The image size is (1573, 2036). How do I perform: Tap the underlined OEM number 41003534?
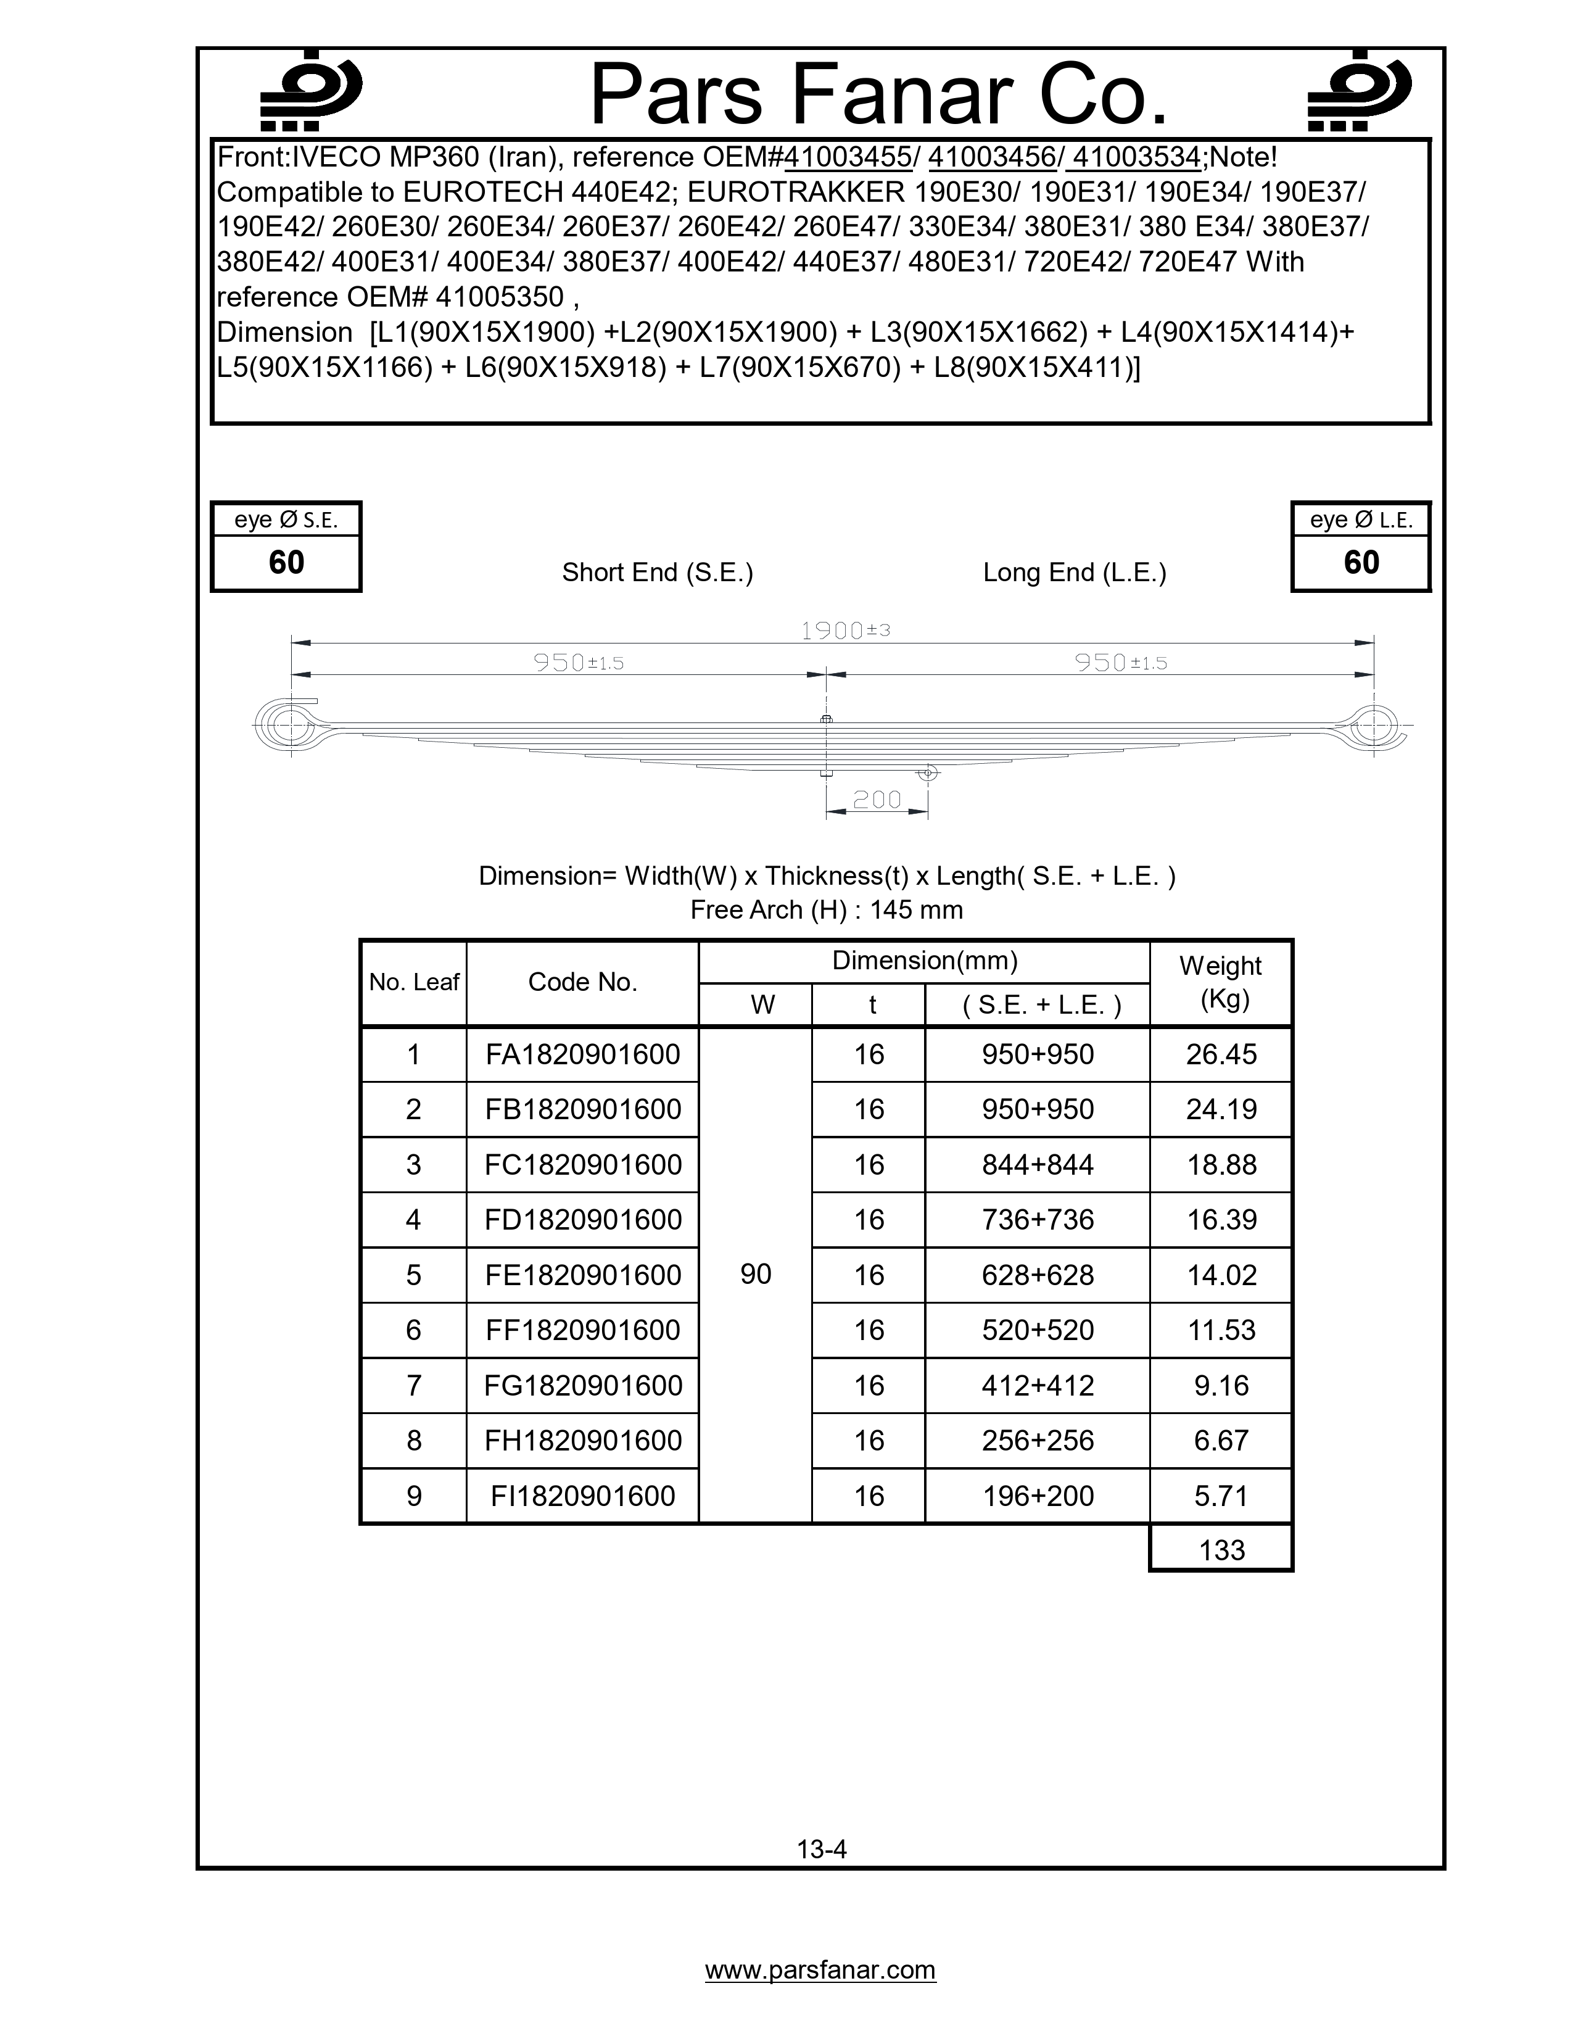click(x=1136, y=157)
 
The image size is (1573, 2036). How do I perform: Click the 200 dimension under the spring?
click(x=877, y=800)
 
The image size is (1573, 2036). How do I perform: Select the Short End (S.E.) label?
click(x=657, y=573)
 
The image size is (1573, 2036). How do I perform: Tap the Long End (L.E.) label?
click(x=1075, y=573)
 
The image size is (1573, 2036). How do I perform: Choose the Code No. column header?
click(x=582, y=982)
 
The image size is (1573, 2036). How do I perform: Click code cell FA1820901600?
click(x=582, y=1054)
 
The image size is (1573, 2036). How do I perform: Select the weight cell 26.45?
click(x=1221, y=1054)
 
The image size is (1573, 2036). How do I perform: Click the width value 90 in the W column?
click(x=756, y=1275)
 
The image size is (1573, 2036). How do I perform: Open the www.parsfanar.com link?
click(x=820, y=1970)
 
